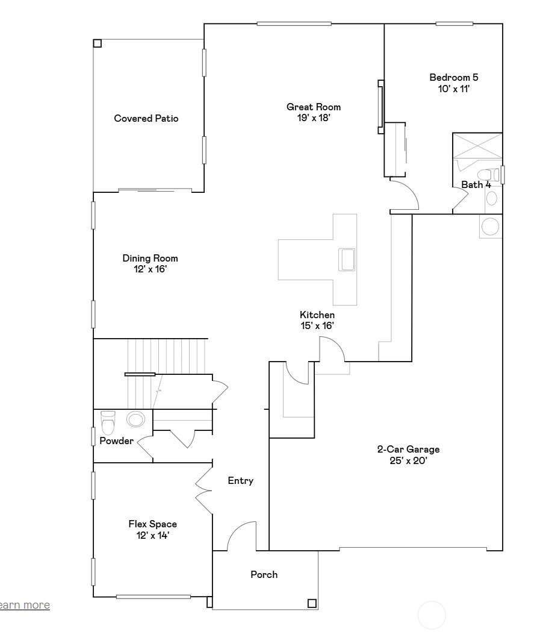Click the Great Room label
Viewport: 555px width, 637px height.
tap(314, 107)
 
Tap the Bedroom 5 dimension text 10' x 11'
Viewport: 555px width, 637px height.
tap(454, 89)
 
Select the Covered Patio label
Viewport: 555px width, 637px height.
tap(146, 118)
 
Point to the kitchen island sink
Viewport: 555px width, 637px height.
tap(347, 260)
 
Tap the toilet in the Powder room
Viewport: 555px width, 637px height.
tap(108, 422)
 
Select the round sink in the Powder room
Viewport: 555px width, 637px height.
tap(135, 419)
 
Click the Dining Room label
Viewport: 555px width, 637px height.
tap(150, 259)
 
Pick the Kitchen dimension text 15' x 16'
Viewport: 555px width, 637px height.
tap(317, 326)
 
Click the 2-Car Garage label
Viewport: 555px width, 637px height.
tap(409, 450)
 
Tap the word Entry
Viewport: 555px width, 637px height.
tap(241, 481)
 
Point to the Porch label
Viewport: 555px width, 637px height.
tap(264, 575)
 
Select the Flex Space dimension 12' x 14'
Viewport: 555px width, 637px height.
tap(152, 535)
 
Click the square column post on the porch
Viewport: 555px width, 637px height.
tap(312, 603)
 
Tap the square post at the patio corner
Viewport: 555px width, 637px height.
tap(98, 43)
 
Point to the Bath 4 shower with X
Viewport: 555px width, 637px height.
tap(477, 145)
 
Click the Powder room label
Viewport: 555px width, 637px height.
tap(116, 441)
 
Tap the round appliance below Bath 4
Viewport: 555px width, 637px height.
tap(491, 227)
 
